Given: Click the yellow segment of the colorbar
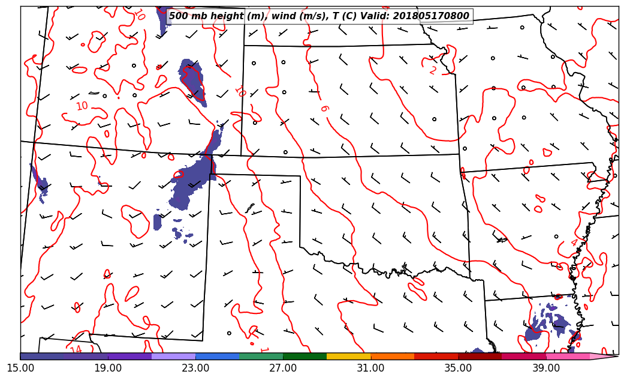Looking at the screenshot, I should point(348,357).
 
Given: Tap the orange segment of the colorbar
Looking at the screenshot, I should point(392,357).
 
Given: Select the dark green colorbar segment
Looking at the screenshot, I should point(305,357).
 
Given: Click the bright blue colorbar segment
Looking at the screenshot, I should point(217,357).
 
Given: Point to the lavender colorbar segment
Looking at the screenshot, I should point(173,357).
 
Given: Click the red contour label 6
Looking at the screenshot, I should point(324,109).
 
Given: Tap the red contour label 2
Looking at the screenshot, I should point(433,70).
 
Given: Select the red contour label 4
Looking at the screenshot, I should point(574,243).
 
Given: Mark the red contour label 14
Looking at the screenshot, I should point(76,350).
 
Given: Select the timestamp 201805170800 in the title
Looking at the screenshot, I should point(431,16).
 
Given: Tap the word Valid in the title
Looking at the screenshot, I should point(376,16).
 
